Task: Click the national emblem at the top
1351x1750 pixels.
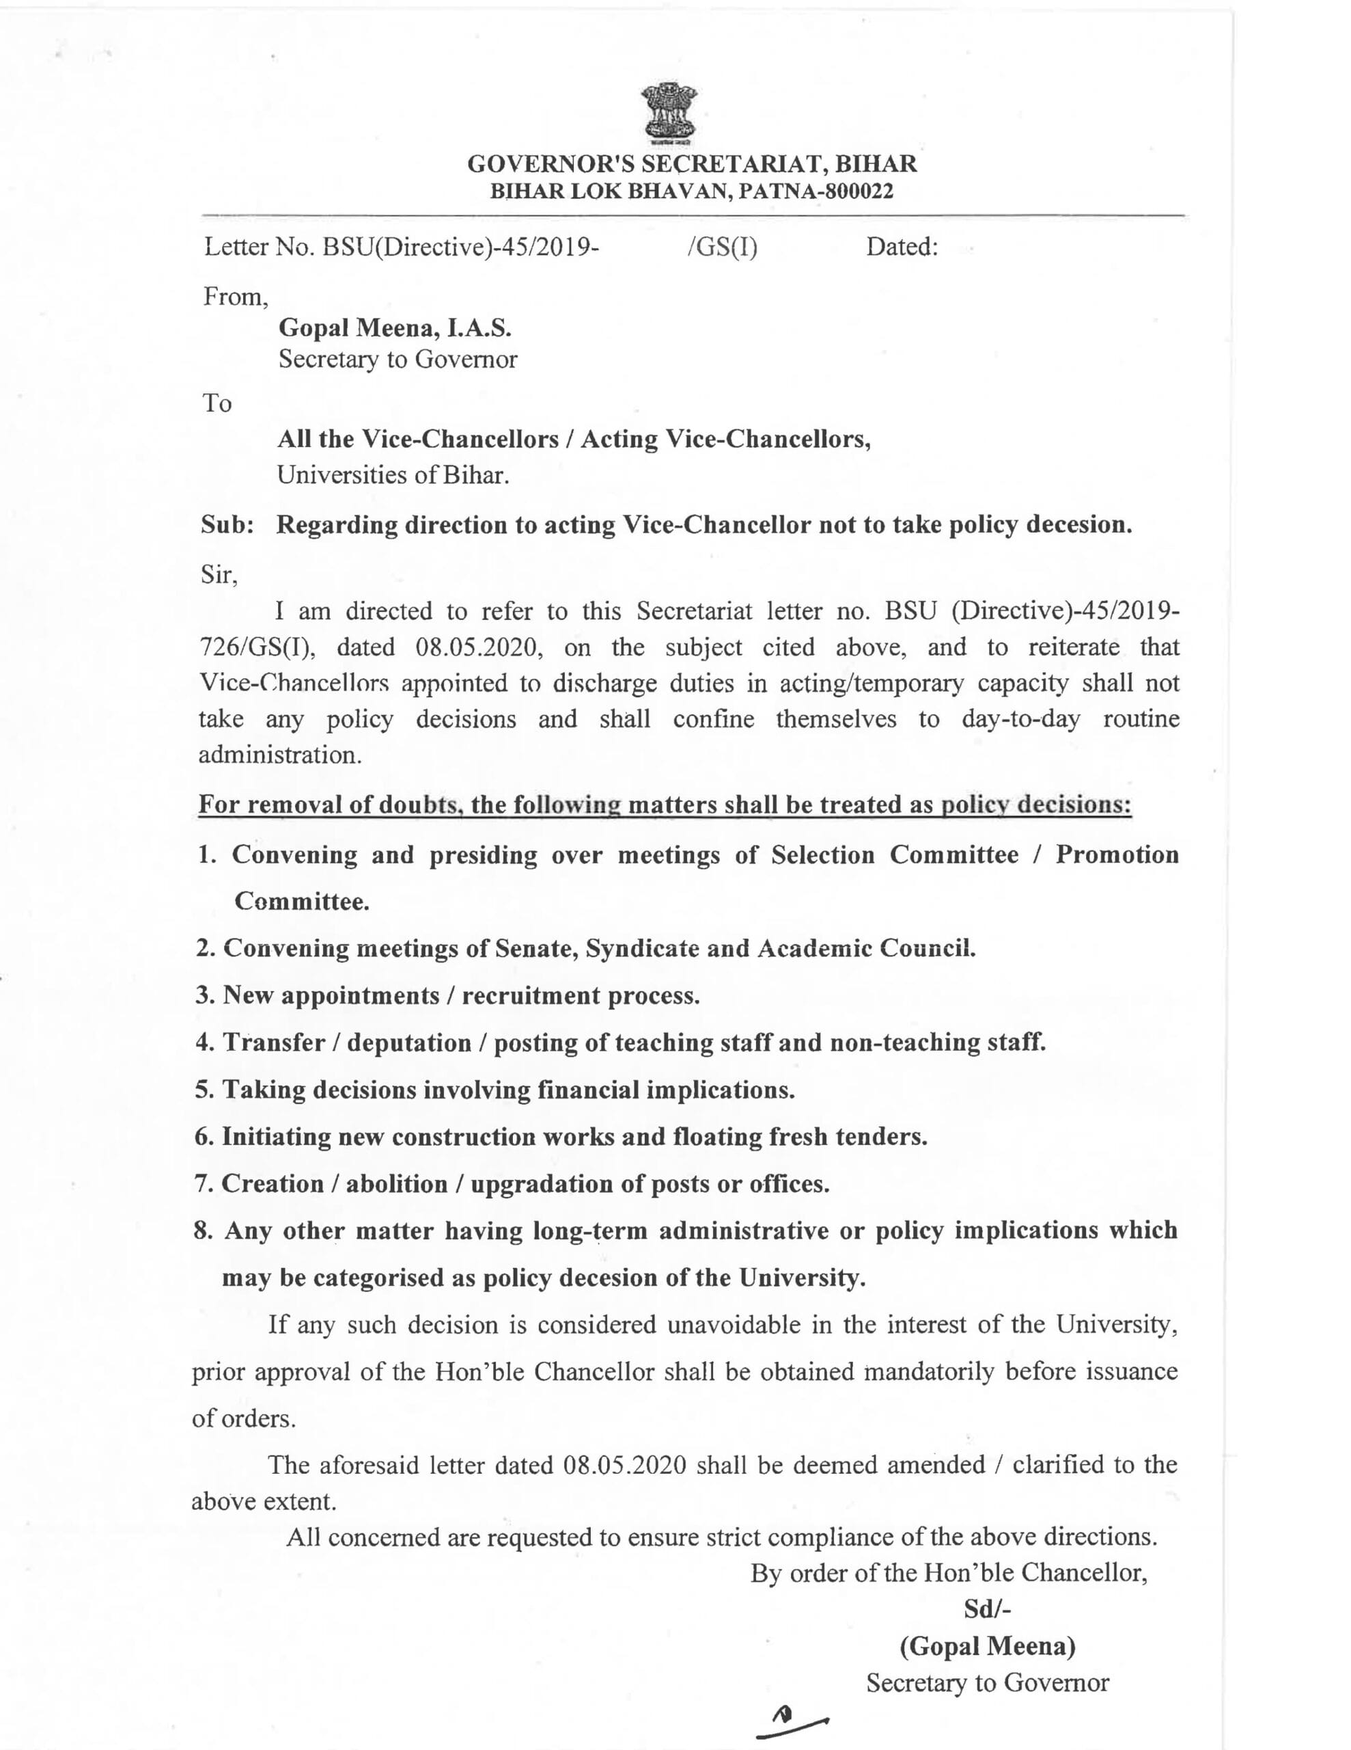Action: pyautogui.click(x=669, y=113)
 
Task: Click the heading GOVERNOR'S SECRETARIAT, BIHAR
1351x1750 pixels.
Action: pyautogui.click(x=692, y=164)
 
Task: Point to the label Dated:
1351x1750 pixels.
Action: pyautogui.click(x=901, y=247)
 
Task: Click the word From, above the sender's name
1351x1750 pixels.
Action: pyautogui.click(x=236, y=297)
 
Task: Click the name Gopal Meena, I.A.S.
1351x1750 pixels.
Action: pyautogui.click(x=395, y=327)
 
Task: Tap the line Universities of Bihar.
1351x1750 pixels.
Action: pyautogui.click(x=393, y=475)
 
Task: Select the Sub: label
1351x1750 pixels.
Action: pyautogui.click(x=227, y=525)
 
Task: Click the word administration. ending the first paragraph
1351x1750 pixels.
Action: pyautogui.click(x=279, y=755)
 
